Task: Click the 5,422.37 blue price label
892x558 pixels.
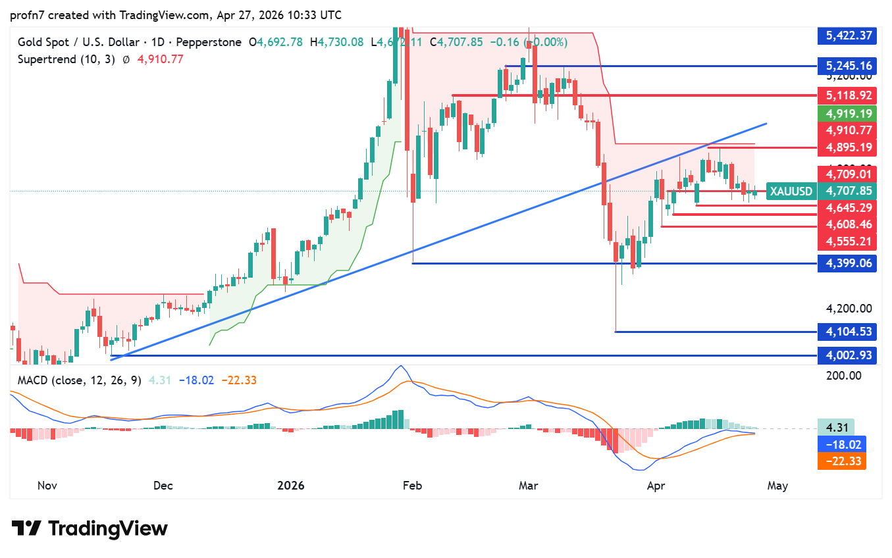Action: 847,36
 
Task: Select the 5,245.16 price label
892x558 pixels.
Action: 847,66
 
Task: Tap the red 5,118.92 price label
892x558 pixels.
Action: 847,95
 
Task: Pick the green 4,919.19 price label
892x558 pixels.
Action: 847,113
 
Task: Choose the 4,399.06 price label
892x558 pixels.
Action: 847,264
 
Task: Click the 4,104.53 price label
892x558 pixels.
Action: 847,332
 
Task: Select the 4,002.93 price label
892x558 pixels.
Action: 847,355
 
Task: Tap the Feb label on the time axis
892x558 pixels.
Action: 411,486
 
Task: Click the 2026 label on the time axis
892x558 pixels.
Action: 290,486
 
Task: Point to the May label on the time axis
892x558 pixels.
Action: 777,486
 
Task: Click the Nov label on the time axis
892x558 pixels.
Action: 47,486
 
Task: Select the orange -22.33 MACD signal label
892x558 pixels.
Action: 841,461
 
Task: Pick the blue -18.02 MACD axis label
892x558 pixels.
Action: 841,444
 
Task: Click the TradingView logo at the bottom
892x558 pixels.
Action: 90,528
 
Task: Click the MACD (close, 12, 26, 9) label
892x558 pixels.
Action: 79,380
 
